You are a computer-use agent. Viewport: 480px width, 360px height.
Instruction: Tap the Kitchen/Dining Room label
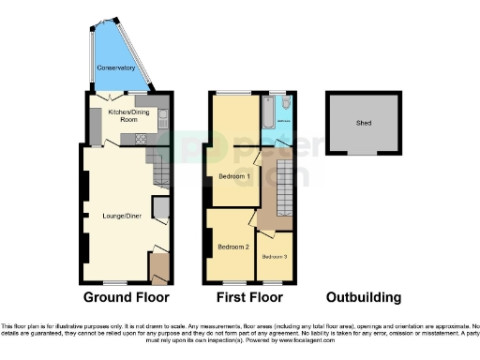[133, 115]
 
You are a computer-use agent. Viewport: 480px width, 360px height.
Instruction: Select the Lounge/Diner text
[113, 217]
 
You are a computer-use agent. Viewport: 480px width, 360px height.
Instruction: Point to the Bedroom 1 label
[234, 176]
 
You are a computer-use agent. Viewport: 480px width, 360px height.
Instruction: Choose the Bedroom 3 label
[275, 257]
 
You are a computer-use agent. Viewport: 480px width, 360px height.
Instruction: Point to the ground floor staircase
[159, 169]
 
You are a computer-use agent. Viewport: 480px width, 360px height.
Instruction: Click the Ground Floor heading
[127, 298]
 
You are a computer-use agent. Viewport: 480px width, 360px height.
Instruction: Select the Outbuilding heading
[364, 298]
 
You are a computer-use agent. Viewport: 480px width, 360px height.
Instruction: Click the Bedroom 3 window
[276, 283]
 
